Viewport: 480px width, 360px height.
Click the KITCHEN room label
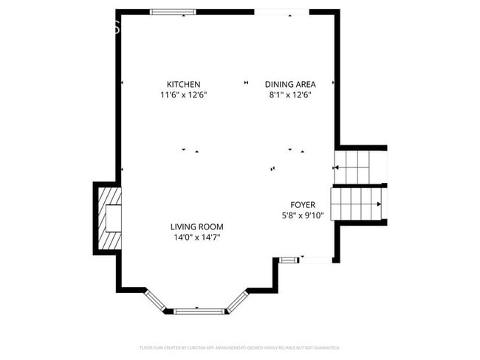click(x=183, y=84)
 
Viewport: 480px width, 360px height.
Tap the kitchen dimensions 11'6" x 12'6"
click(x=183, y=95)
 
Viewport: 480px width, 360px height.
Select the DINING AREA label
click(x=290, y=84)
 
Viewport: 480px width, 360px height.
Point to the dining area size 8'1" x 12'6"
click(x=290, y=95)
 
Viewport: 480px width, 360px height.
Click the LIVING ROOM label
click(x=196, y=226)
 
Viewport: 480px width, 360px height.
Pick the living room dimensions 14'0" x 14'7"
click(x=196, y=238)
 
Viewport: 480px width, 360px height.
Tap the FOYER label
click(x=302, y=204)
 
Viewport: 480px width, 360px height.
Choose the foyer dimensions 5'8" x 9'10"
click(x=302, y=215)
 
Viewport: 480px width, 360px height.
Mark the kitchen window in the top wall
click(x=173, y=12)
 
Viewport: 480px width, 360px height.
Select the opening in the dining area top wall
click(x=281, y=12)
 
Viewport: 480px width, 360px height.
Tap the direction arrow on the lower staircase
click(x=378, y=204)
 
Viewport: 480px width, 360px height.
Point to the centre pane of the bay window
click(x=199, y=311)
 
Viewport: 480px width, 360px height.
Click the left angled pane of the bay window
click(x=157, y=300)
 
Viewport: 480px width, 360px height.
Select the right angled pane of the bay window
click(x=237, y=300)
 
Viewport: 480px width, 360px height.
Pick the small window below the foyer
click(x=289, y=259)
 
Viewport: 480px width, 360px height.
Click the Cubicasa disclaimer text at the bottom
click(x=239, y=347)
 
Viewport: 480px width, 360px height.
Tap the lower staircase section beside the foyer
click(x=357, y=204)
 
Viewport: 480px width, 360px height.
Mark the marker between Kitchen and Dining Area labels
click(x=246, y=83)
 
